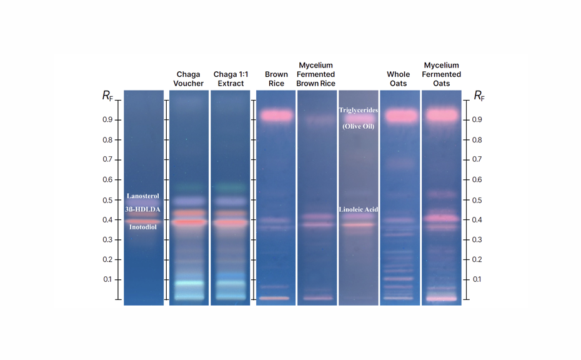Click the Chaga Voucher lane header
pos(189,79)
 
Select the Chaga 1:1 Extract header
pos(231,79)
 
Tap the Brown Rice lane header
pos(276,79)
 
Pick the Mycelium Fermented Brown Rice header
pos(316,74)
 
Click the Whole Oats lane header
pos(399,79)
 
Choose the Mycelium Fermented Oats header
pos(442,74)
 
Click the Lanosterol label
pos(143,196)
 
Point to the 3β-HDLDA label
pos(143,209)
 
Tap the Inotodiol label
pos(143,227)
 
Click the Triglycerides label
pos(358,111)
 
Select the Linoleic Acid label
pos(358,209)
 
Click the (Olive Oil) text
pos(358,126)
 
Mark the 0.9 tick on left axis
pos(108,119)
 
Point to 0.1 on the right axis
pos(477,279)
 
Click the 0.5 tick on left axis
pos(108,200)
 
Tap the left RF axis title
pos(108,96)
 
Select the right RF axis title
pos(479,96)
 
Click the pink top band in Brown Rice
pos(276,116)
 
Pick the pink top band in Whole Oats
pos(400,116)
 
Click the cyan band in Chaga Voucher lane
pos(189,283)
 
